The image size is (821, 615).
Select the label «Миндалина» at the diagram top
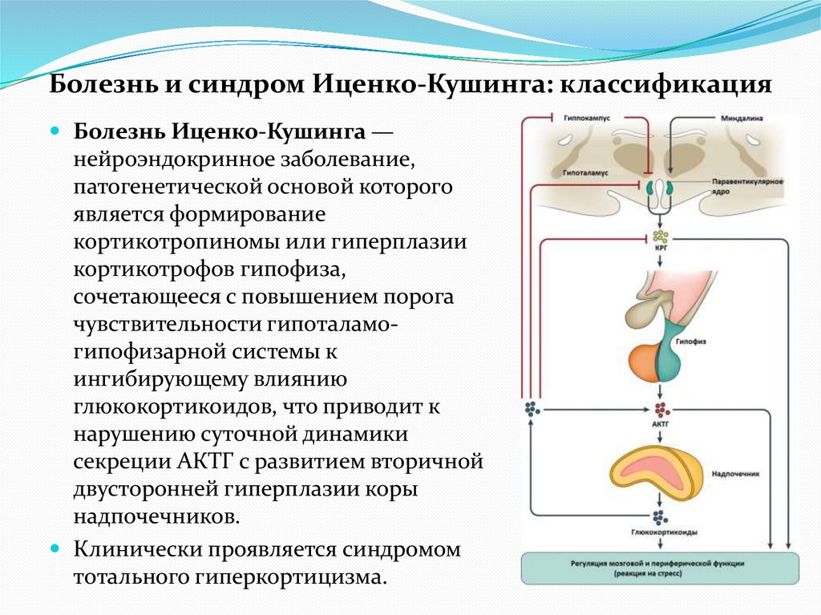[741, 118]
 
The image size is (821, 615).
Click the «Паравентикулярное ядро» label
[746, 187]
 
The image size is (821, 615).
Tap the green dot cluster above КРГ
[661, 236]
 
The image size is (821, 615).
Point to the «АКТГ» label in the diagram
[661, 420]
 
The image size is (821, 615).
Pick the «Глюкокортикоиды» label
[661, 532]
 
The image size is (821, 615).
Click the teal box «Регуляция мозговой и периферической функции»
[660, 568]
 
